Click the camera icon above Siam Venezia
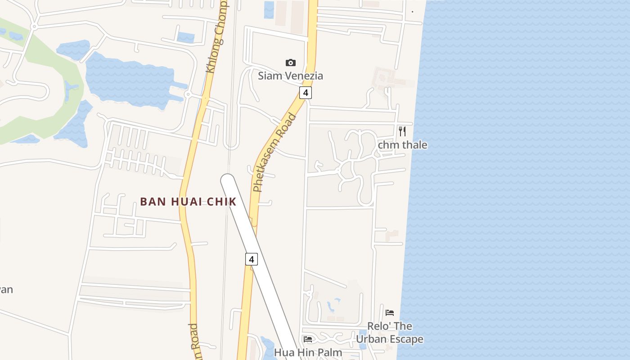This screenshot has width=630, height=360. [x=291, y=63]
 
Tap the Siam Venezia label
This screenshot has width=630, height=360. [x=290, y=76]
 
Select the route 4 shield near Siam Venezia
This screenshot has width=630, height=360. [x=306, y=93]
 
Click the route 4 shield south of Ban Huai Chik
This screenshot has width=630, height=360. [x=252, y=259]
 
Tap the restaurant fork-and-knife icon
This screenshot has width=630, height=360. [x=402, y=131]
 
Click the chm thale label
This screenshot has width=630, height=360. [x=402, y=145]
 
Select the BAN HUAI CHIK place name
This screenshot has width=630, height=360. [x=188, y=202]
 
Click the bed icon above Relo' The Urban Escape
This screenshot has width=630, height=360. [x=390, y=312]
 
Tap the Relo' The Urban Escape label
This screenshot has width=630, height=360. [x=390, y=332]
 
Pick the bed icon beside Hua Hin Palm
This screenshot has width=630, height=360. [x=308, y=339]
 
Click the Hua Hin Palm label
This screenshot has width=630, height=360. [x=308, y=352]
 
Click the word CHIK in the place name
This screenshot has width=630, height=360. [x=221, y=202]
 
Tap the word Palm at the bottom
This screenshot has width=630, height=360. [x=331, y=352]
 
